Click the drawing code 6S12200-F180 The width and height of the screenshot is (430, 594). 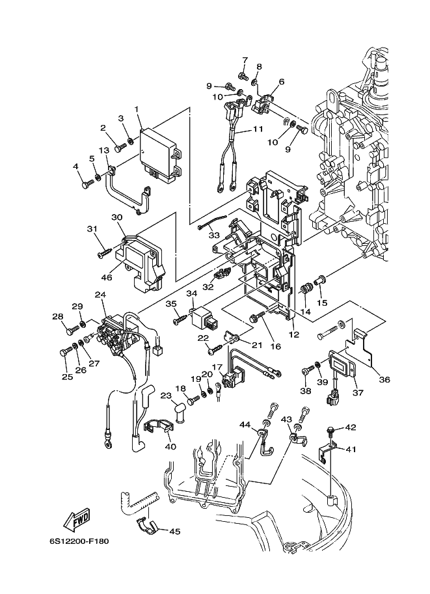click(79, 541)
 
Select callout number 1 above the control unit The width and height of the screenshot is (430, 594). click(137, 109)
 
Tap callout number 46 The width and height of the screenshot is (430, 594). click(107, 277)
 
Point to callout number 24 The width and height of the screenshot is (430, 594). click(101, 294)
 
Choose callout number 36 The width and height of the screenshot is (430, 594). click(384, 379)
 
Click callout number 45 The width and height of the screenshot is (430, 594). click(174, 532)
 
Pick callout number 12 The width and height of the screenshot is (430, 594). click(294, 334)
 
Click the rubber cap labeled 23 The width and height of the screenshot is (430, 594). click(180, 412)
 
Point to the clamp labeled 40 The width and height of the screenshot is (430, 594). click(157, 427)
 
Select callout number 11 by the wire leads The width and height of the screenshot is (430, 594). click(258, 129)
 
